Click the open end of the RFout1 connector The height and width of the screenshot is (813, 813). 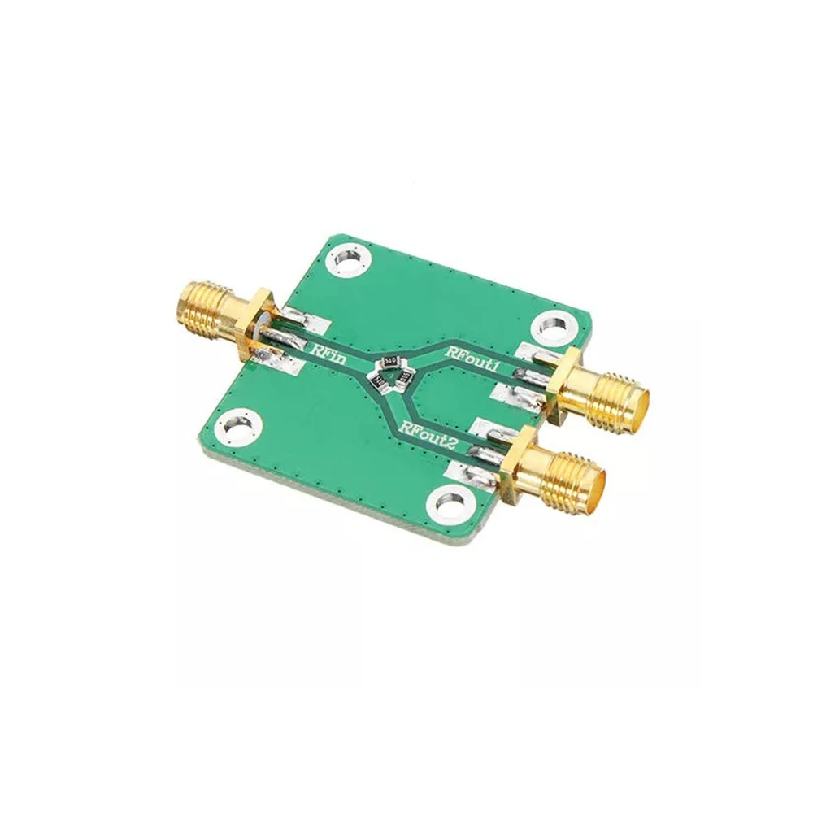click(640, 402)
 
